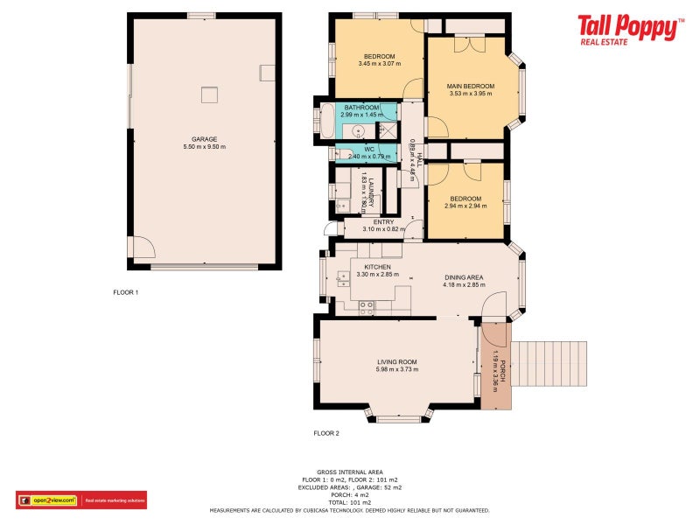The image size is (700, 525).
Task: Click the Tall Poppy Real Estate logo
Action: (630, 29)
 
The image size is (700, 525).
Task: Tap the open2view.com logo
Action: (54, 500)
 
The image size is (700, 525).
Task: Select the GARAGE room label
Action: (204, 139)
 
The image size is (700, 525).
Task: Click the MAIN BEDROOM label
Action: (471, 86)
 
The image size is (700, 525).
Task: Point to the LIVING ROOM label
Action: (396, 361)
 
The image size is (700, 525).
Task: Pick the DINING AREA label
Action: (463, 277)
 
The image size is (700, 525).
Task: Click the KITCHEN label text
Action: (377, 267)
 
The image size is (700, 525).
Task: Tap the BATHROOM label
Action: (361, 108)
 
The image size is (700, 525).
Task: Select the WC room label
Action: (369, 150)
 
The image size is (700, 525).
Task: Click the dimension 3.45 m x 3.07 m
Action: (379, 64)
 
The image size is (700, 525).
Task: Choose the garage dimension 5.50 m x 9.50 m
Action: (204, 146)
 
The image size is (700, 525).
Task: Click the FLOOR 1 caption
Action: (126, 291)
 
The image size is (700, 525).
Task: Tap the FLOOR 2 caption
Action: (326, 433)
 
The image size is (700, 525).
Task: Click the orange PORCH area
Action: (495, 367)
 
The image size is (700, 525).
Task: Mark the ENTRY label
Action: (383, 222)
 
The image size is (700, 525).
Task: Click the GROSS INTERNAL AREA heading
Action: (336, 471)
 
